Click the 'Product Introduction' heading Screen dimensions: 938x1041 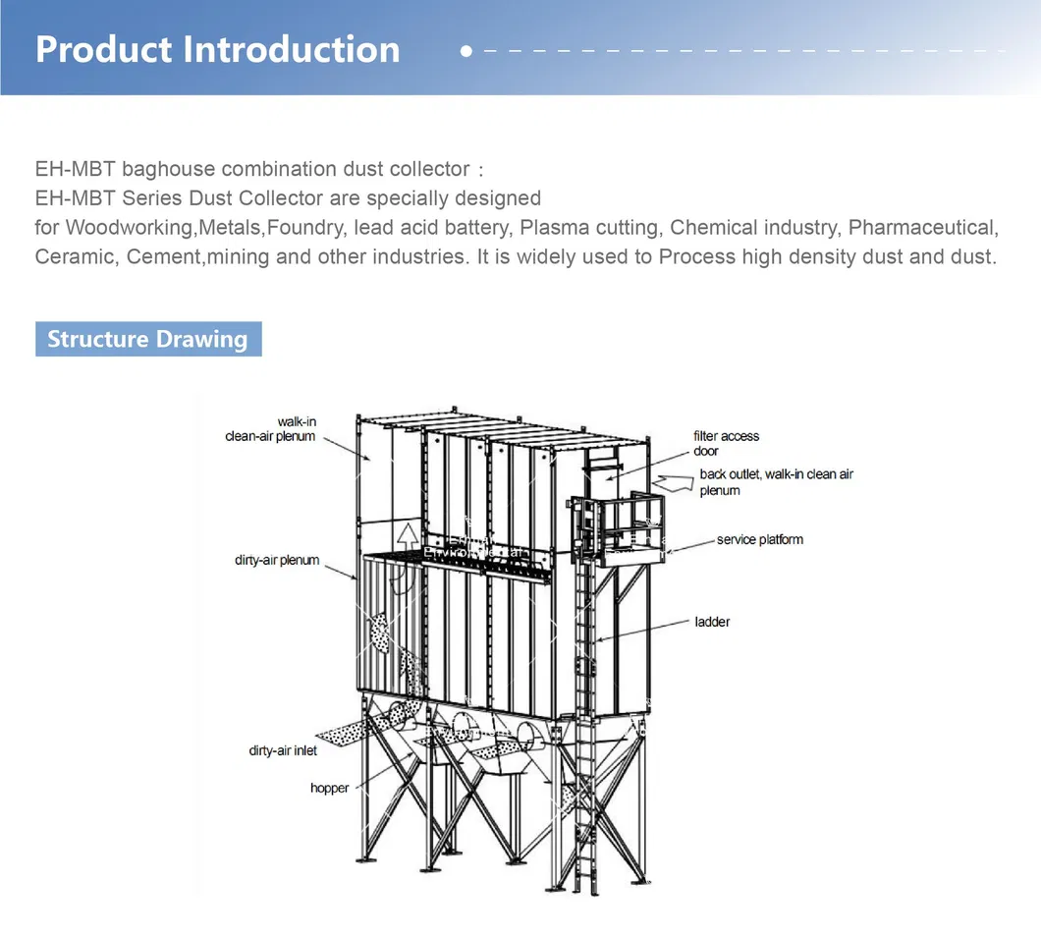click(x=217, y=49)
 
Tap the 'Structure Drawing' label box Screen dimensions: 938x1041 click(x=148, y=339)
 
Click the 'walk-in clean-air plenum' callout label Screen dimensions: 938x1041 click(x=271, y=429)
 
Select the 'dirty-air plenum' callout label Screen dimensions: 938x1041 click(x=277, y=560)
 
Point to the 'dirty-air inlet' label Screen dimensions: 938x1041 click(x=283, y=751)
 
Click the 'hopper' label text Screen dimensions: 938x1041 click(x=329, y=788)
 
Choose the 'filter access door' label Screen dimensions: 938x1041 click(x=726, y=443)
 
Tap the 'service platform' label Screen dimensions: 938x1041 click(x=759, y=539)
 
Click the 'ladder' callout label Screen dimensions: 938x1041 click(x=712, y=622)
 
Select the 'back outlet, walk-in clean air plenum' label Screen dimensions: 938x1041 click(x=776, y=481)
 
